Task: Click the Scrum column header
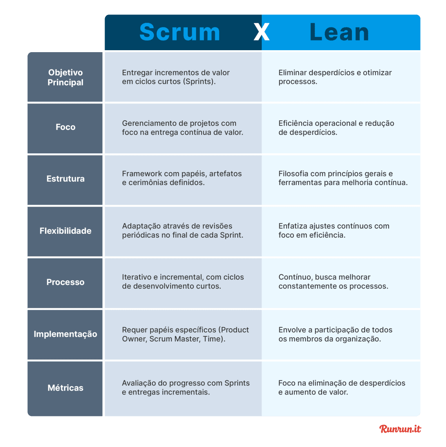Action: pyautogui.click(x=179, y=32)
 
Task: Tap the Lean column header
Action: pyautogui.click(x=339, y=32)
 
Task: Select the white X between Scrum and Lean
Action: pyautogui.click(x=261, y=33)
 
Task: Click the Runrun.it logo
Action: pyautogui.click(x=400, y=429)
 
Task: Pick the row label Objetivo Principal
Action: pyautogui.click(x=65, y=77)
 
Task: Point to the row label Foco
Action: pyautogui.click(x=65, y=127)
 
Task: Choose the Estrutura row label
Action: pyautogui.click(x=65, y=179)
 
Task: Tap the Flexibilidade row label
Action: pyautogui.click(x=65, y=231)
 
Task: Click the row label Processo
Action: pyautogui.click(x=65, y=282)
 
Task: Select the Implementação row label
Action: pyautogui.click(x=65, y=334)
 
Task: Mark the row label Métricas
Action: pyautogui.click(x=65, y=388)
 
